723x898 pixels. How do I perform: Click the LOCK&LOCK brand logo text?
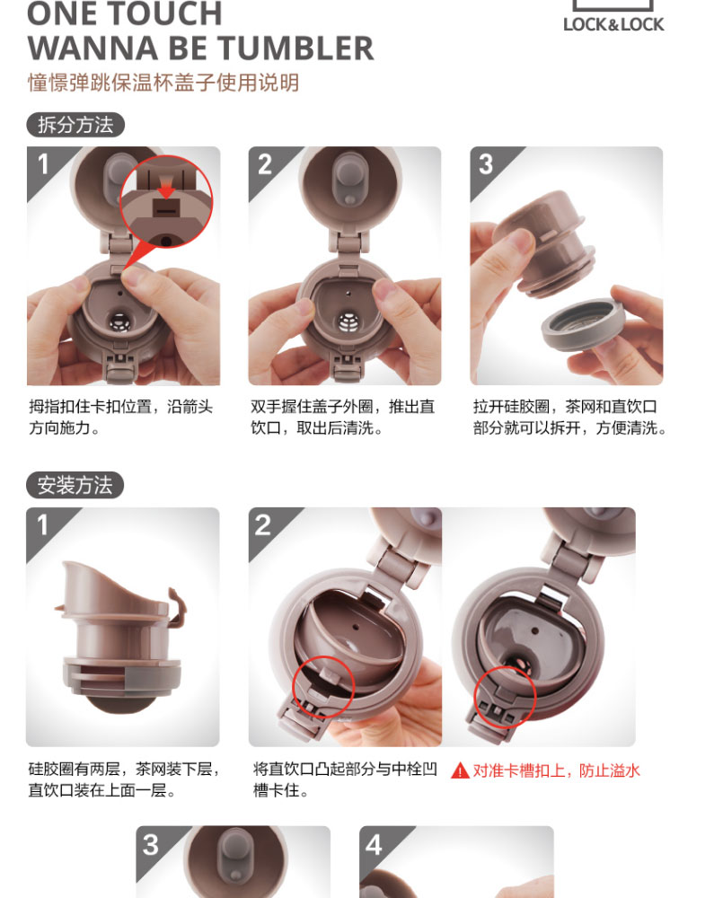pyautogui.click(x=613, y=24)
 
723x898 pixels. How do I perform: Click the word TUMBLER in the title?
pyautogui.click(x=295, y=48)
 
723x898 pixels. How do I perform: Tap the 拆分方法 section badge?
pyautogui.click(x=75, y=125)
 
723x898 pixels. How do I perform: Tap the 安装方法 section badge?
pyautogui.click(x=75, y=485)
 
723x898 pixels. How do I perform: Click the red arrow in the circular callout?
pyautogui.click(x=166, y=188)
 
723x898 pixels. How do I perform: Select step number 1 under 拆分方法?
pyautogui.click(x=43, y=164)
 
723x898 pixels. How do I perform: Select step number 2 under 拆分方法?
pyautogui.click(x=265, y=165)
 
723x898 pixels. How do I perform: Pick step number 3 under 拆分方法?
pyautogui.click(x=486, y=165)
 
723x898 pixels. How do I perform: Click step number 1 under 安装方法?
pyautogui.click(x=42, y=525)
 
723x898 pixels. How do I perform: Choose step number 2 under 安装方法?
pyautogui.click(x=263, y=525)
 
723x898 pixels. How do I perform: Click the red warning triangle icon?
pyautogui.click(x=460, y=770)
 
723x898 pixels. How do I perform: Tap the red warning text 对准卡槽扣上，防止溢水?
pyautogui.click(x=556, y=770)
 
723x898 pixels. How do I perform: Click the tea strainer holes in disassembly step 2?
pyautogui.click(x=348, y=323)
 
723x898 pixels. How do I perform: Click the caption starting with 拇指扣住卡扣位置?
pyautogui.click(x=121, y=418)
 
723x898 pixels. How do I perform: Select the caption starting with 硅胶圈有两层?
pyautogui.click(x=124, y=779)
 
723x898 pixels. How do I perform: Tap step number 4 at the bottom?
pyautogui.click(x=375, y=845)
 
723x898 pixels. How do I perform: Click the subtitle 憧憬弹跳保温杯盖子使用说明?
pyautogui.click(x=163, y=83)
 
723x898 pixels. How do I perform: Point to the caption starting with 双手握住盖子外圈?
pyautogui.click(x=342, y=418)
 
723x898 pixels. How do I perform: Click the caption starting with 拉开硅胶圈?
pyautogui.click(x=570, y=418)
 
